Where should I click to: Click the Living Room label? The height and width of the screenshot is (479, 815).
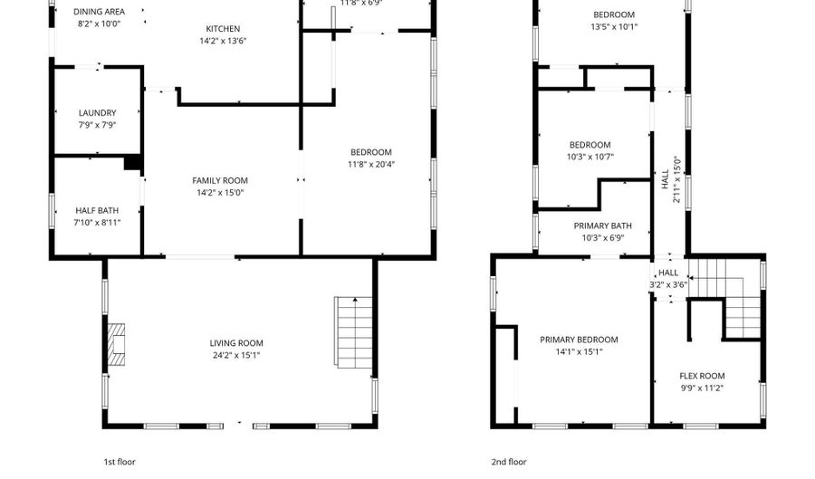click(x=236, y=343)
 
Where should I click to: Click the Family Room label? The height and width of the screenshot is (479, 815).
click(x=220, y=181)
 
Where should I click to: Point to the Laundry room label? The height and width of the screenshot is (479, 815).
click(x=98, y=113)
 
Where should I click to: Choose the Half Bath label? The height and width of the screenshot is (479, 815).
click(x=96, y=210)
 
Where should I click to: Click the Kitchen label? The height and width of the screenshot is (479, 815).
click(x=223, y=28)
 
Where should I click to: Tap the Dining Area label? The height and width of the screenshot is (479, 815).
click(x=100, y=12)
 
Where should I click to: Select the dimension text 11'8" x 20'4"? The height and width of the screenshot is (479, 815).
click(x=371, y=164)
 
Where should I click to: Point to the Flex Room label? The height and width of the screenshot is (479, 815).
click(x=702, y=376)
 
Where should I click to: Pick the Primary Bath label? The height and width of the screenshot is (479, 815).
click(x=602, y=226)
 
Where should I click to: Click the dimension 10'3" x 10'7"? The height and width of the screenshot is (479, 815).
click(x=590, y=157)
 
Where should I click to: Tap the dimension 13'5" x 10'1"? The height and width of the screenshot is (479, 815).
click(x=614, y=26)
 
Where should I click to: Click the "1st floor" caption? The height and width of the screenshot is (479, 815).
click(x=120, y=462)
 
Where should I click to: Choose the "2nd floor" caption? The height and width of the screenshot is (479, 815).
click(x=509, y=462)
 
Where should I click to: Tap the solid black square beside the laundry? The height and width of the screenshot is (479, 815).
click(x=132, y=163)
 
